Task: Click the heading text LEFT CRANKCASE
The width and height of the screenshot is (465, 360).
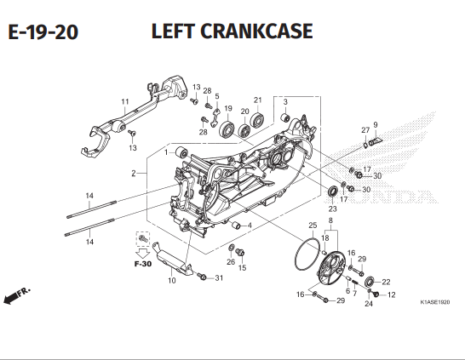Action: pos(231,31)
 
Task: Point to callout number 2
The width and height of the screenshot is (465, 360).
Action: pos(134,174)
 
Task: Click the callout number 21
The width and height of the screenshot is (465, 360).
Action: pos(257,100)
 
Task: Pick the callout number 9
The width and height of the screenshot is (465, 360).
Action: pos(375,125)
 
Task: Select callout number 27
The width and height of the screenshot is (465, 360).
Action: pos(364,130)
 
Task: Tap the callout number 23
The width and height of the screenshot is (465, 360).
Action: pos(332,209)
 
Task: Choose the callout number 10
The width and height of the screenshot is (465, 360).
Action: pos(171,280)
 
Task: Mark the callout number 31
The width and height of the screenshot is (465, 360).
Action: pos(219,278)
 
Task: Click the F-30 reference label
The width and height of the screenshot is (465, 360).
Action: pos(141,265)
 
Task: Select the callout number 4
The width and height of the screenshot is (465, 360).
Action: pos(249,226)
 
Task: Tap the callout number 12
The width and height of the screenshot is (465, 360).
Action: pos(392,295)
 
